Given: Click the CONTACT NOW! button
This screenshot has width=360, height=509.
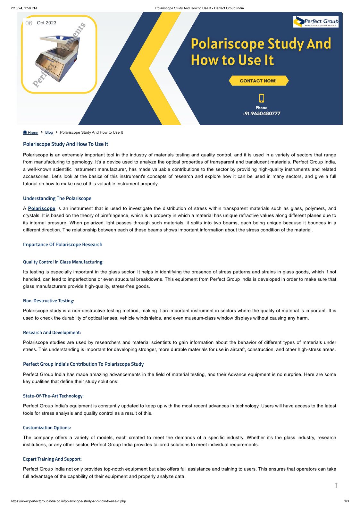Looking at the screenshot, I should pos(258,81).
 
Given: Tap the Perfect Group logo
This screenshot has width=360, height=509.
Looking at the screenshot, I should pos(316,22).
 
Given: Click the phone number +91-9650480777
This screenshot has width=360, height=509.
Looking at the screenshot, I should pos(261,113).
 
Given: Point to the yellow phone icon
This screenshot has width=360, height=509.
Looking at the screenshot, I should pos(262,98).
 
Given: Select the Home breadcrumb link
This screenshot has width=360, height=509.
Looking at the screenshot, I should pos(31,133).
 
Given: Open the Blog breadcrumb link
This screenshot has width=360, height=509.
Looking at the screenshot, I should pos(49,132).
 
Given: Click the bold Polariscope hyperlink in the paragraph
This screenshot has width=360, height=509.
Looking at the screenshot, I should pos(42,208).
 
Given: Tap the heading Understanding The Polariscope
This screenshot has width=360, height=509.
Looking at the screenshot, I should pos(57,198).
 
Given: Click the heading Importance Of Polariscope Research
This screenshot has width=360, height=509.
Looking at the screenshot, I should pos(63,245).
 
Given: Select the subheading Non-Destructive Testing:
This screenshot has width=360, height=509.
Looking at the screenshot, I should pos(48,301).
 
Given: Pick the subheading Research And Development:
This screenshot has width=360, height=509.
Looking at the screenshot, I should pos(52,332).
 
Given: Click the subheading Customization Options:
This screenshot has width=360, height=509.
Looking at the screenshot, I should pos(47,428).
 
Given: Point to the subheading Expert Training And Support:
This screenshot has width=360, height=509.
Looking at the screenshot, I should pos(52,459).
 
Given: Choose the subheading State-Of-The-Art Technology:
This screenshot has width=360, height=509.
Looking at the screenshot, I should pos(53,396).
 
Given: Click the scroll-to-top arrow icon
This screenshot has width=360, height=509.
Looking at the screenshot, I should pos(336,485).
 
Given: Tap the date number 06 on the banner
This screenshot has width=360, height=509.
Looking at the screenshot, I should pos(29,23).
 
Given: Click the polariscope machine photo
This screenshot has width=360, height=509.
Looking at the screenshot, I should pos(58,59).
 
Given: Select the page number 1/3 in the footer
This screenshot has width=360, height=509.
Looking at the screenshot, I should pos(346,501).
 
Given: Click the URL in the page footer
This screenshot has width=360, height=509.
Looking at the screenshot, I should pos(68,501).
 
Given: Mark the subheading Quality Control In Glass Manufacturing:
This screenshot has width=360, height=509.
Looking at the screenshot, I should pos(63,262).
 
